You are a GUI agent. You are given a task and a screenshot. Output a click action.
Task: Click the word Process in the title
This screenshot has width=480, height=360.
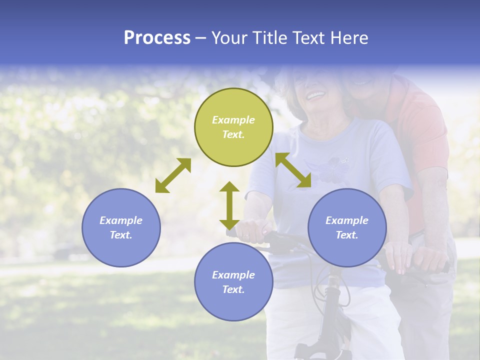click(x=157, y=38)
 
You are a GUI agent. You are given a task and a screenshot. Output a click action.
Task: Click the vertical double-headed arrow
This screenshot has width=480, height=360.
click(x=229, y=205)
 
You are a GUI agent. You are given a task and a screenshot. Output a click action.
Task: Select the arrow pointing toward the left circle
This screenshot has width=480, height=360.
click(x=173, y=175)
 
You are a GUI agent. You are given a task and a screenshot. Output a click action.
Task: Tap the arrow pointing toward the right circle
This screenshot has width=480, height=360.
click(x=293, y=170)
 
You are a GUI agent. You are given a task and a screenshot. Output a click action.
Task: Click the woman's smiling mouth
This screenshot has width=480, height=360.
click(x=315, y=94)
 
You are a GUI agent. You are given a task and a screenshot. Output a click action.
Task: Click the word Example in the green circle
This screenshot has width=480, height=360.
click(x=233, y=120)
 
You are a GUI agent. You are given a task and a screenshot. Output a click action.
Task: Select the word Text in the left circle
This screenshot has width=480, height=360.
click(x=121, y=235)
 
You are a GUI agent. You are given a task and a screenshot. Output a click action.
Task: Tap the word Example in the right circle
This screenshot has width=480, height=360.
click(x=347, y=220)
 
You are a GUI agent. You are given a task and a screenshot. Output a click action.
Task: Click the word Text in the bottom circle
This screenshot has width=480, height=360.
click(x=233, y=289)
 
